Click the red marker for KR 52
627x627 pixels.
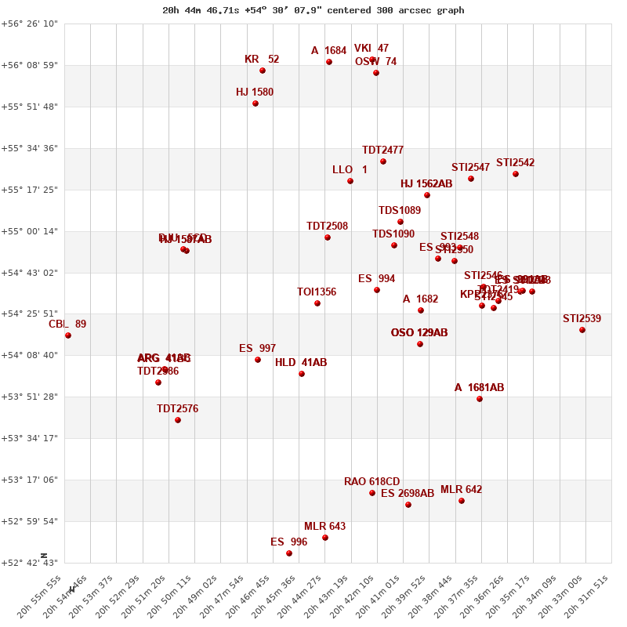pyautogui.click(x=263, y=71)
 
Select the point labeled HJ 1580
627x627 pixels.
pyautogui.click(x=256, y=103)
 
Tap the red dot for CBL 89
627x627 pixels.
pyautogui.click(x=68, y=335)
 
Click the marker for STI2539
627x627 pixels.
pyautogui.click(x=582, y=330)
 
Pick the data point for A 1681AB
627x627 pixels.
pyautogui.click(x=480, y=399)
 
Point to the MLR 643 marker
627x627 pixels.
pyautogui.click(x=325, y=538)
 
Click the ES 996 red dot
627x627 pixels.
pyautogui.click(x=289, y=553)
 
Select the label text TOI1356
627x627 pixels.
pyautogui.click(x=317, y=292)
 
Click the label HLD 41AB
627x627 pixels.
pyautogui.click(x=301, y=363)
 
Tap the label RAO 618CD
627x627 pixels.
pyautogui.click(x=372, y=482)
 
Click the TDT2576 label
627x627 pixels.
pyautogui.click(x=177, y=409)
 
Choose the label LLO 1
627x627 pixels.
pyautogui.click(x=350, y=170)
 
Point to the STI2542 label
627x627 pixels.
pyautogui.click(x=516, y=163)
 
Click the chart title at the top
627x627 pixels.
pyautogui.click(x=313, y=10)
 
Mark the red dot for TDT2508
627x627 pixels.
pyautogui.click(x=328, y=237)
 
